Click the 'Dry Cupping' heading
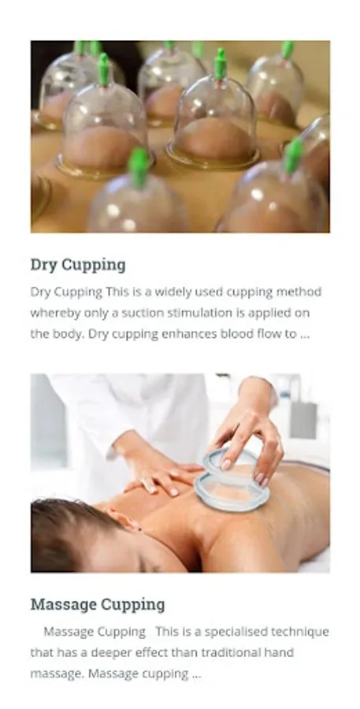point(78,265)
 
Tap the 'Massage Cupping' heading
point(98,604)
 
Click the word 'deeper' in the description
point(111,653)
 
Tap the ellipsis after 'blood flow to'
point(304,336)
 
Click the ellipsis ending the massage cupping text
point(196,676)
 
